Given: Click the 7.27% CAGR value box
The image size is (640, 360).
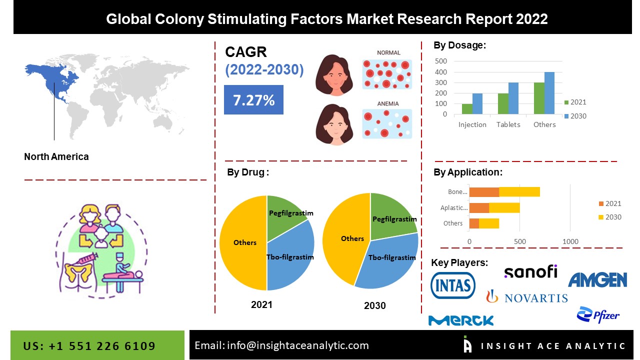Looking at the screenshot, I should (253, 100).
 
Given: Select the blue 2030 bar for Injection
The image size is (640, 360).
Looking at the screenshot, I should (477, 103).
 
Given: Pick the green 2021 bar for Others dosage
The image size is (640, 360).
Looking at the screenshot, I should (539, 98).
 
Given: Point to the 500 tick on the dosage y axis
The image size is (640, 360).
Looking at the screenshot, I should (441, 61).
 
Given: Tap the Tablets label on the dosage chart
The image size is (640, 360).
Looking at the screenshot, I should (508, 124).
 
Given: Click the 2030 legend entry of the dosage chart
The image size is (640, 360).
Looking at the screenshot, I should (575, 116).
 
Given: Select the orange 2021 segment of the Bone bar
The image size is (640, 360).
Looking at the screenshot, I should (484, 191).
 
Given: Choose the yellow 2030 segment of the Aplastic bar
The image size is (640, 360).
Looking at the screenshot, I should (504, 207).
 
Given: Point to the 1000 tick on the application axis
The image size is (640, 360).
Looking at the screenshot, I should (570, 242).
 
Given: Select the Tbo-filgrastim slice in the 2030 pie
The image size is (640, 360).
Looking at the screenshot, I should (387, 260).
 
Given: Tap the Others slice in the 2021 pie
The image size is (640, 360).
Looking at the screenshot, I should (244, 242).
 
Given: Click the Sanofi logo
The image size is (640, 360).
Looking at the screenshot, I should (530, 271).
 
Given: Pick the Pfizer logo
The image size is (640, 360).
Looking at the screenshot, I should (598, 315).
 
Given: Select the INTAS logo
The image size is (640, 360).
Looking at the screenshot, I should (453, 285).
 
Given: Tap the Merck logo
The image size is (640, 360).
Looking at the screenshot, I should (461, 320).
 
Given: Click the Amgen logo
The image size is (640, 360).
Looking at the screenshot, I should (597, 280).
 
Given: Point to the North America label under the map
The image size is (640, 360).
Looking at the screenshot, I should (56, 156).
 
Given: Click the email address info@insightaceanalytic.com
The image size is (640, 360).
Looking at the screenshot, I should (281, 345).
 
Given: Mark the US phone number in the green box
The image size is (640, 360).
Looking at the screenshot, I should (89, 346).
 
